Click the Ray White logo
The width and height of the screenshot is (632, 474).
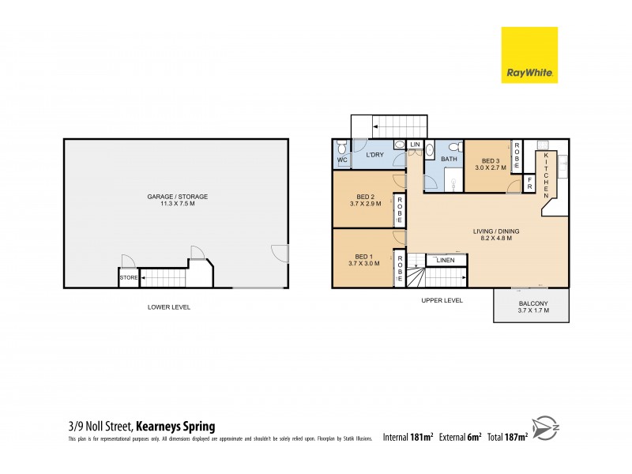coord(529,55)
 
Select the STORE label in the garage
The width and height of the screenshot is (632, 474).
coord(128,278)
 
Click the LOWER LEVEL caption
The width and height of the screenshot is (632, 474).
coord(169,307)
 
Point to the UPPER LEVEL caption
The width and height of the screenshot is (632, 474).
coord(442,301)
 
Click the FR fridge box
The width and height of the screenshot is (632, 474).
coord(530,186)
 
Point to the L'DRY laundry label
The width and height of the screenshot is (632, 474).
coord(375,155)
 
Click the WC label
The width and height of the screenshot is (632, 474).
coord(342,160)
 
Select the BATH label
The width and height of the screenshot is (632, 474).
coord(449,160)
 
